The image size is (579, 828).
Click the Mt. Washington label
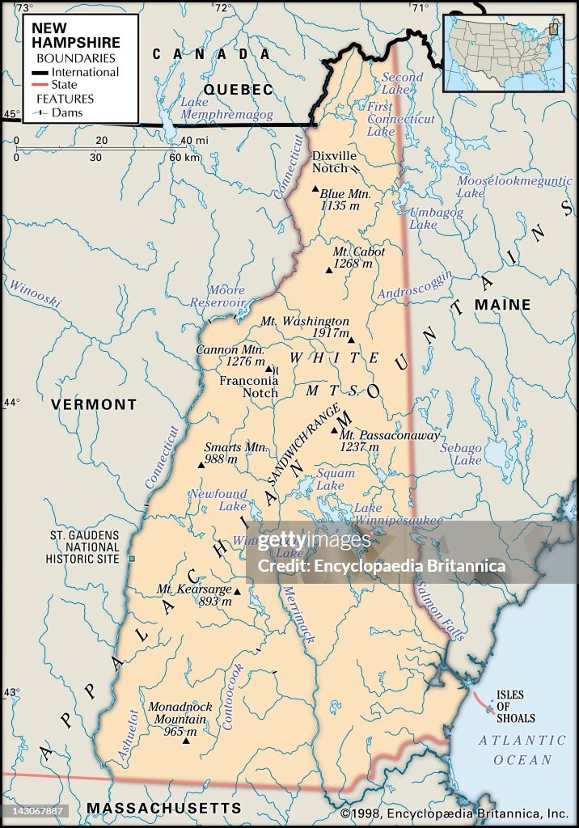coord(305,321)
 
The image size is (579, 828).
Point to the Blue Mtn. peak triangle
coord(315,189)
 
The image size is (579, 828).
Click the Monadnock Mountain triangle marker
coord(186,740)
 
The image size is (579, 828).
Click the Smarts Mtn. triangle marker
coord(201,465)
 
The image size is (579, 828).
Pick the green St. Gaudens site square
coord(132,559)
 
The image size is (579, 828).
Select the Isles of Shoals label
coord(515,706)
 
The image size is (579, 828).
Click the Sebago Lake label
coord(467,453)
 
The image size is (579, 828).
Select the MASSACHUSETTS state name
coord(164,808)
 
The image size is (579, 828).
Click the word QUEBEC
coord(239,90)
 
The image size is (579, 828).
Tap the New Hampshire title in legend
coord(76,36)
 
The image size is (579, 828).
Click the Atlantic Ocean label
coord(522,750)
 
